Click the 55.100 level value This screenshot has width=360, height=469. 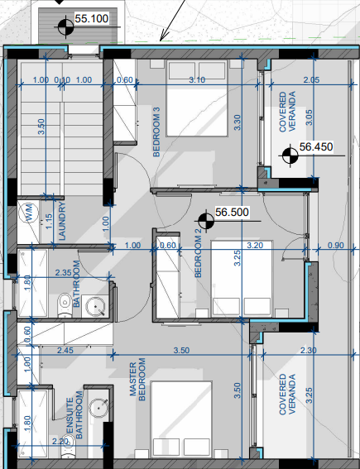click(91, 18)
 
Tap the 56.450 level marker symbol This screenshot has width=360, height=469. click(290, 156)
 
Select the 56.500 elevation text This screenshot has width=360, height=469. click(232, 212)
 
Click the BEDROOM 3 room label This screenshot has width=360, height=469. click(156, 132)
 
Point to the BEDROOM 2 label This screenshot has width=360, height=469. click(198, 256)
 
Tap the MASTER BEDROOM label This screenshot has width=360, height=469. click(137, 380)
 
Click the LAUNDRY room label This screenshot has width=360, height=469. click(62, 221)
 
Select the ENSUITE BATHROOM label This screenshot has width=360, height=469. click(74, 415)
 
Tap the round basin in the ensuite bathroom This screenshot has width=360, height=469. click(98, 408)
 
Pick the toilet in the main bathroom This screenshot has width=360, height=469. click(65, 304)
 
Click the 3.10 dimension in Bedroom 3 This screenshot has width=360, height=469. click(197, 80)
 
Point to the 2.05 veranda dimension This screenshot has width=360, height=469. click(311, 80)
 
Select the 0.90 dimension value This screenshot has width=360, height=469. click(336, 246)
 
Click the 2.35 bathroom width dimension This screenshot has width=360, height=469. click(64, 272)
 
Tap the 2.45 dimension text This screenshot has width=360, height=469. click(65, 350)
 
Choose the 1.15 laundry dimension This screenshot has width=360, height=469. click(50, 221)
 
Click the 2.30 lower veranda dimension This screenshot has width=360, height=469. click(308, 350)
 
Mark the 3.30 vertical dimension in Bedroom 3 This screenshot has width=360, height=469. click(237, 122)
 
